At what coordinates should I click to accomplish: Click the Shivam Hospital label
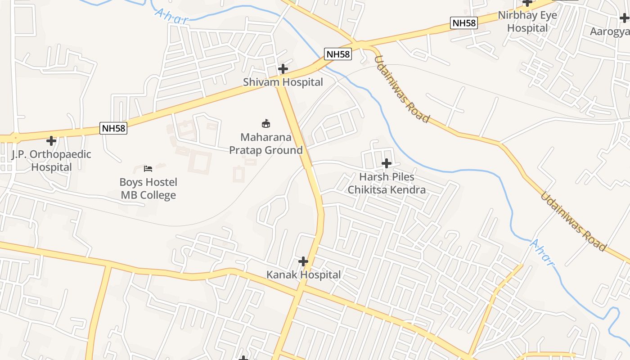pos(283,82)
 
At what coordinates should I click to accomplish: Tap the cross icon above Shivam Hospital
pos(283,69)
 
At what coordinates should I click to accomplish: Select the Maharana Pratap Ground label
pos(266,144)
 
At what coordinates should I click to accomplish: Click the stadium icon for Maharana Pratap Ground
pos(266,123)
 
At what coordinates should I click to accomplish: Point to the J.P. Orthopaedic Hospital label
pos(51,161)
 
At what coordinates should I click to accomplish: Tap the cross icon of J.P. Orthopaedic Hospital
pos(52,141)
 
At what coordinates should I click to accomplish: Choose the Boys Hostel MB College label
pos(148,189)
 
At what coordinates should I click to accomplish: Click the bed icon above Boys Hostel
pos(148,169)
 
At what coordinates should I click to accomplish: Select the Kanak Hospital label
pos(303,274)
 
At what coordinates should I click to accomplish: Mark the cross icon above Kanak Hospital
pos(304,261)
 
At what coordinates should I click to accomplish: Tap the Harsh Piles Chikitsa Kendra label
pos(387,183)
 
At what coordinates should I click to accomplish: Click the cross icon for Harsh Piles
pos(387,163)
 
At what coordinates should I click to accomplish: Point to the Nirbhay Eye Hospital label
pos(527,22)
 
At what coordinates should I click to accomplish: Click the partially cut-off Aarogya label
pos(610,31)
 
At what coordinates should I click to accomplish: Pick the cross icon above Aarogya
pos(624,18)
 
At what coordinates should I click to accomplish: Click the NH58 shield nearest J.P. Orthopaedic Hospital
pos(113,128)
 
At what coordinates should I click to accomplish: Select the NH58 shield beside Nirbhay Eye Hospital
pos(464,23)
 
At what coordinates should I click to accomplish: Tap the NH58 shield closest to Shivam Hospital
pos(338,54)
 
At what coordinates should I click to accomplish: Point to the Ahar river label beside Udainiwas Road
pos(541,252)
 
